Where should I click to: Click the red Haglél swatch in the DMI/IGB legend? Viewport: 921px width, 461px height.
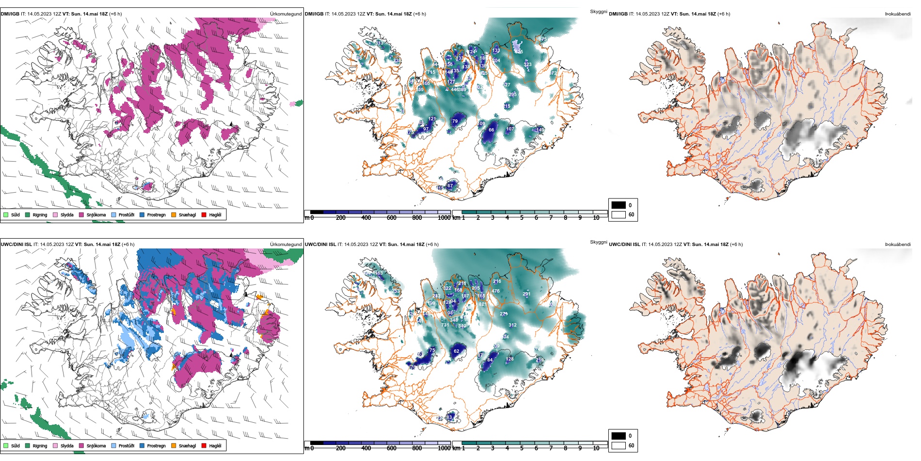pos(204,214)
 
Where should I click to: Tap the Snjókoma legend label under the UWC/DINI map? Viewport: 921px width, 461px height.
pos(96,445)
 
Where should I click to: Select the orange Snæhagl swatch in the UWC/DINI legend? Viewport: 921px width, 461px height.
pos(174,445)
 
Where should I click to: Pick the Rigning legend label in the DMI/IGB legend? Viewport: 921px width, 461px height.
pos(40,214)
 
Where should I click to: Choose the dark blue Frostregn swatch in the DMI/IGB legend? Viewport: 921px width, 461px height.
pos(142,214)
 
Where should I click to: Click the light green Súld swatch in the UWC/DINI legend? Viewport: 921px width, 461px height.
pos(6,445)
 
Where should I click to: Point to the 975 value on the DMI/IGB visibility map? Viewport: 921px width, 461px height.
pos(542,39)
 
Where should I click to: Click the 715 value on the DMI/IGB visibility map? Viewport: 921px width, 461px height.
pos(431,72)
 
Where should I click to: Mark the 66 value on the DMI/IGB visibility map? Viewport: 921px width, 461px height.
pos(492,130)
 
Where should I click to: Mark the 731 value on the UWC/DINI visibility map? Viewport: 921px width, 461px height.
pos(445,325)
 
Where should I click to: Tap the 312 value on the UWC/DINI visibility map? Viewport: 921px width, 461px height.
pos(512,325)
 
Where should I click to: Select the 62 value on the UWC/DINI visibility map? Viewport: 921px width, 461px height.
pos(457,351)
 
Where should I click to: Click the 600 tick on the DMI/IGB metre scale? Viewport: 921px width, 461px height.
pos(391,218)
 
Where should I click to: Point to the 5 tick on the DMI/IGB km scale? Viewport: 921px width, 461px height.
pos(522,218)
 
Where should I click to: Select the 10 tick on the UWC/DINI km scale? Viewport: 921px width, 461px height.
pos(596,448)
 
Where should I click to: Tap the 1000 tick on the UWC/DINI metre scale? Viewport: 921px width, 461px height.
pos(444,448)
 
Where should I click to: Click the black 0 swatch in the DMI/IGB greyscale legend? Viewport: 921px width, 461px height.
pos(619,205)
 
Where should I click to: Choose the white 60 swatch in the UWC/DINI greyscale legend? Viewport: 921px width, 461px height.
pos(619,445)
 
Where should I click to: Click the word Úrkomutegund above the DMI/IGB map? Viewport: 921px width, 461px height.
pos(286,14)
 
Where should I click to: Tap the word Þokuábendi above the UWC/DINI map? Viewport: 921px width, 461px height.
pos(898,245)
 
